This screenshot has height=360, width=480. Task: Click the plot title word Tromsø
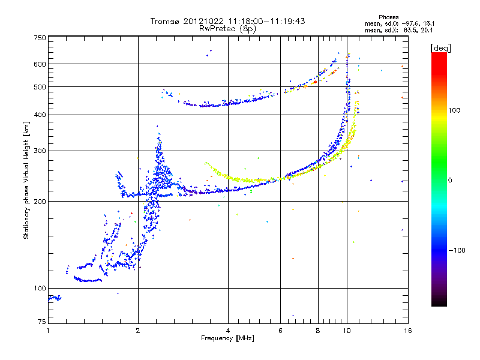(164, 21)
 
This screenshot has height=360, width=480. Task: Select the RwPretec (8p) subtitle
(228, 28)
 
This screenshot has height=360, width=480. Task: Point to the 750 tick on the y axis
(40, 38)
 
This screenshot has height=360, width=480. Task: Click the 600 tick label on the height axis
(40, 64)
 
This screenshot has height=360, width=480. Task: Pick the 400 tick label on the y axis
(40, 115)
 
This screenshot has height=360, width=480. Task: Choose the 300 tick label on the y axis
(40, 151)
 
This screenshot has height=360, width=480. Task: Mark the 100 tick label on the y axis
(40, 288)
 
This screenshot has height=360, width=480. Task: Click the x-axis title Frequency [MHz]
(228, 338)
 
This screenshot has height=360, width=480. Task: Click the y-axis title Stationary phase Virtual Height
(26, 180)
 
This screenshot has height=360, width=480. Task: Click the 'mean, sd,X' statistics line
(399, 29)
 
